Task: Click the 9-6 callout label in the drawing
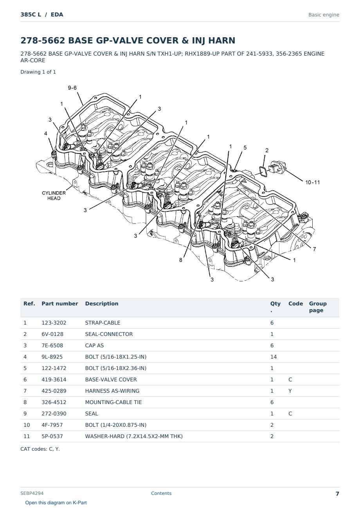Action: [x=72, y=88]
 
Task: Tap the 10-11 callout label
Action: [x=312, y=182]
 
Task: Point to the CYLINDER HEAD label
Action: [x=54, y=195]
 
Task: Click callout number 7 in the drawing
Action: [x=314, y=249]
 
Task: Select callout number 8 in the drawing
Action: [x=180, y=260]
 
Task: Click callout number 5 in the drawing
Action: [x=245, y=148]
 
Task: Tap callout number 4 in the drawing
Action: [x=46, y=134]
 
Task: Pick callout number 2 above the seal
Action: [x=266, y=150]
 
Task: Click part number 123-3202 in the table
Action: [x=54, y=323]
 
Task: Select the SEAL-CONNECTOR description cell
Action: [x=109, y=334]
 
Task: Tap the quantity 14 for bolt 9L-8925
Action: [x=274, y=357]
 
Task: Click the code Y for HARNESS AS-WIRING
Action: [x=290, y=391]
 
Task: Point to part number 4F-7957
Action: [x=52, y=425]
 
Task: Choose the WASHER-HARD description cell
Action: [x=134, y=436]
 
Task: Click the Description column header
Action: [x=102, y=303]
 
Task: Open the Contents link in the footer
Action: [x=161, y=493]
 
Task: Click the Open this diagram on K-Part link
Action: [x=56, y=503]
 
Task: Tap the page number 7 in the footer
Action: [x=337, y=494]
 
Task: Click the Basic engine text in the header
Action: [x=324, y=15]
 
